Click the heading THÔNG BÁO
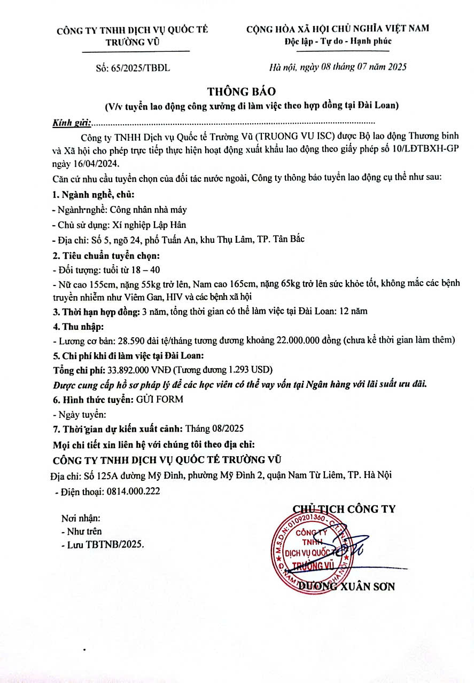coord(237,91)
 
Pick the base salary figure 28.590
coord(119,339)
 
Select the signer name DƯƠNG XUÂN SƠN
coord(346,586)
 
